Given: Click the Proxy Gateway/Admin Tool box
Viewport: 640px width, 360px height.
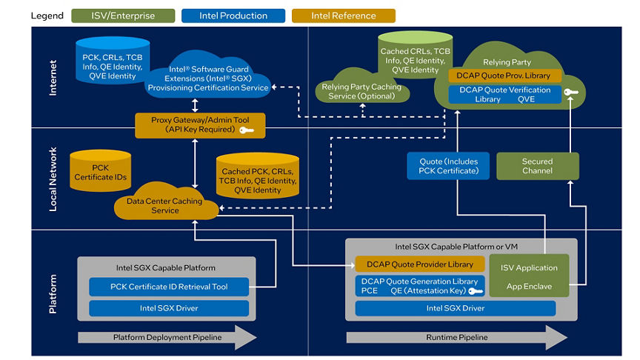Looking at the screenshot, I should (x=195, y=124).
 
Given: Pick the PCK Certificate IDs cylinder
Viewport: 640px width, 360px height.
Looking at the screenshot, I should (x=101, y=173).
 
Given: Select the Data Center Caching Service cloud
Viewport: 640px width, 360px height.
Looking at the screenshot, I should (x=164, y=206).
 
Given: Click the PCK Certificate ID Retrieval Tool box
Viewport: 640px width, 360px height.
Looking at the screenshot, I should (x=169, y=287).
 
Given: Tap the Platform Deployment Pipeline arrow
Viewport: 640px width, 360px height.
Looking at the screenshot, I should (x=167, y=337).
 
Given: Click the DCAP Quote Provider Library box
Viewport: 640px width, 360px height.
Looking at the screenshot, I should (x=419, y=264).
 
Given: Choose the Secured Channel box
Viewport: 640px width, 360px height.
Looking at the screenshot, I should (x=537, y=166).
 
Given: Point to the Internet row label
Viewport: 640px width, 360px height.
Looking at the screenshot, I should (x=52, y=78).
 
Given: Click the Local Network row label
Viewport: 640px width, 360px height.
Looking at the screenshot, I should (x=52, y=179).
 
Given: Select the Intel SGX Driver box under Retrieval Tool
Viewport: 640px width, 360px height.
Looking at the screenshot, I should (x=169, y=308).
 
